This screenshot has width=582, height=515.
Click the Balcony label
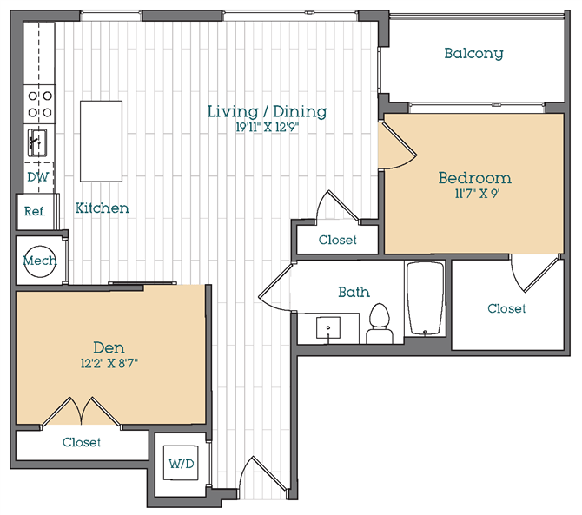click(x=473, y=54)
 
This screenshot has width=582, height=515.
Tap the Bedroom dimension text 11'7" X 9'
click(x=473, y=195)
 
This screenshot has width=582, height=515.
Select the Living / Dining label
click(x=267, y=111)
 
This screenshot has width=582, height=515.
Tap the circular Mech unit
click(x=40, y=261)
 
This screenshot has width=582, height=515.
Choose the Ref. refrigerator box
click(x=34, y=211)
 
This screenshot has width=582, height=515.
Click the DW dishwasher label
click(x=37, y=177)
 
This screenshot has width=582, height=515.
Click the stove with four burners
click(x=40, y=103)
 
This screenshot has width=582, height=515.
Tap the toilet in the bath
click(x=380, y=320)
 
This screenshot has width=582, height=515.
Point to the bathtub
click(x=425, y=300)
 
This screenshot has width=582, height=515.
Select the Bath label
click(x=353, y=293)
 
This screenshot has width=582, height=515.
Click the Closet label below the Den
click(x=81, y=443)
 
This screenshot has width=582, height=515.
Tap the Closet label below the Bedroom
click(x=506, y=308)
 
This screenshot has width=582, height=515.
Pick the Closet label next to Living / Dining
click(x=337, y=240)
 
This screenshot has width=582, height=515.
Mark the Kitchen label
click(x=103, y=208)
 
